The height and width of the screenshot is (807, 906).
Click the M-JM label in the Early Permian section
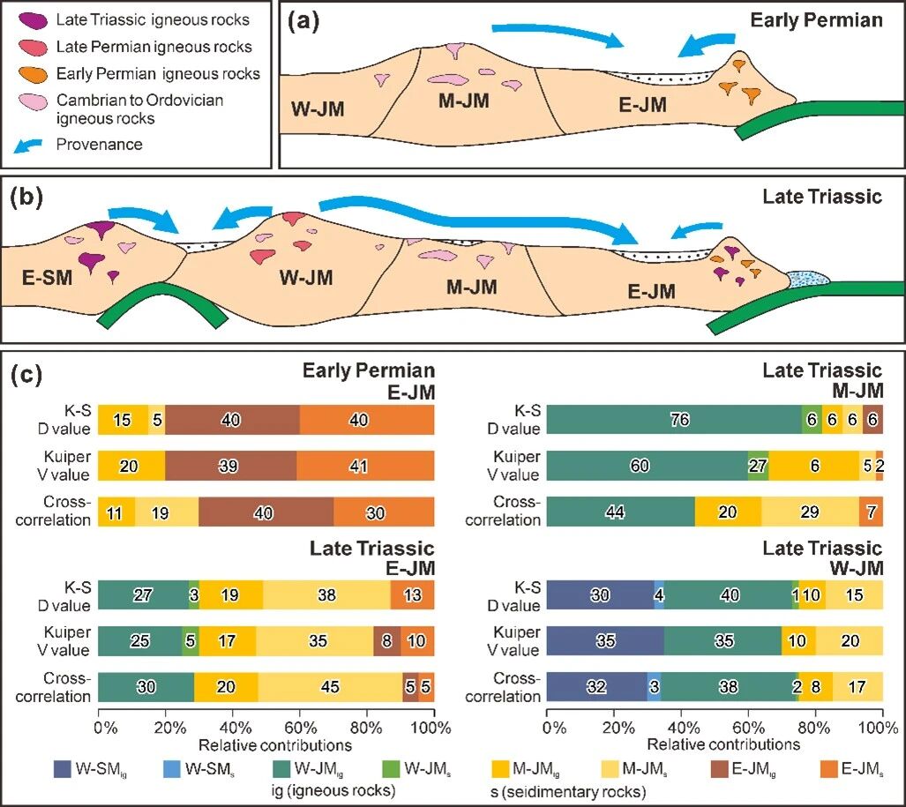464,102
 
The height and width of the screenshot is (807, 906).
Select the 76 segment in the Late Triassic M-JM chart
673,421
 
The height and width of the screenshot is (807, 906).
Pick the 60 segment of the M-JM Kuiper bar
647,466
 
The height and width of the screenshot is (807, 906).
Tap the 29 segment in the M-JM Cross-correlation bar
809,511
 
